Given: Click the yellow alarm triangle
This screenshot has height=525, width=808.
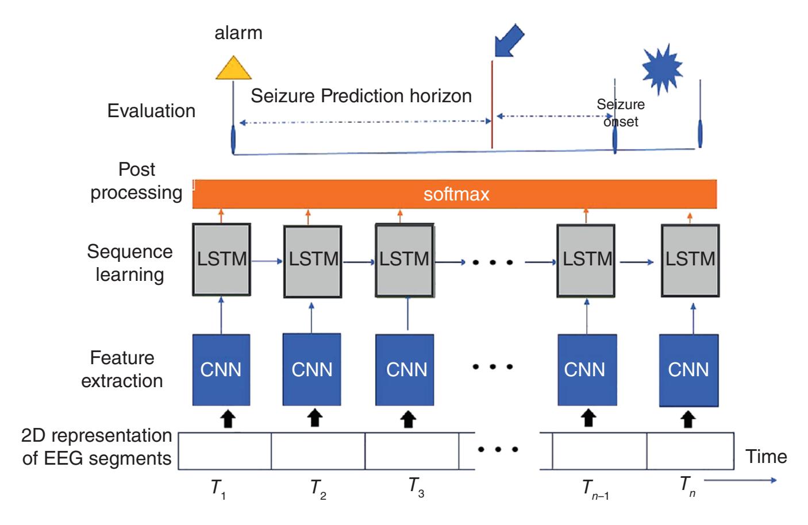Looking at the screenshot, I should (x=233, y=68).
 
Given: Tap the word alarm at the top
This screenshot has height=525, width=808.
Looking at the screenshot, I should (x=238, y=33).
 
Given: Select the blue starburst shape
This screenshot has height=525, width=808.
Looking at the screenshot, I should (x=662, y=67).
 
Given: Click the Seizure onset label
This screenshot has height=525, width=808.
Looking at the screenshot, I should (x=621, y=113).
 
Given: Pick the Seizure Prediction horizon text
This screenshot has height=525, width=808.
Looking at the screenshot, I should (x=361, y=95).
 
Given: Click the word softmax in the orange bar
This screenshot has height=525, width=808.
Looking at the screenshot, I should (x=456, y=194).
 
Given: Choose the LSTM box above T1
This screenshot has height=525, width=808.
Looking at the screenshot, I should (x=221, y=259).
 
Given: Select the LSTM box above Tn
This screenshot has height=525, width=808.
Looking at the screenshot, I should (x=690, y=259).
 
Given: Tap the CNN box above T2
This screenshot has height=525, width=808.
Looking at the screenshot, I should (x=312, y=369).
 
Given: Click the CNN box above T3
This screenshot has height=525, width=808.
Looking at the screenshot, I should (x=406, y=369).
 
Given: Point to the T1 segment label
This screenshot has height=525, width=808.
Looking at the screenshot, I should (x=218, y=489).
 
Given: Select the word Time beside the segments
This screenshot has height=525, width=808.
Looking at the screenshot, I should (x=766, y=457).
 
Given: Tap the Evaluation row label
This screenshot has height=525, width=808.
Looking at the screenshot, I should (x=151, y=111).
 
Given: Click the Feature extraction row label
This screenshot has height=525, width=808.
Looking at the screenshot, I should (x=122, y=369).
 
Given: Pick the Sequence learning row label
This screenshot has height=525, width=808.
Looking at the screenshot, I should (x=129, y=262).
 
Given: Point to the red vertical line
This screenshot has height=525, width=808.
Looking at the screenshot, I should (x=492, y=103).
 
